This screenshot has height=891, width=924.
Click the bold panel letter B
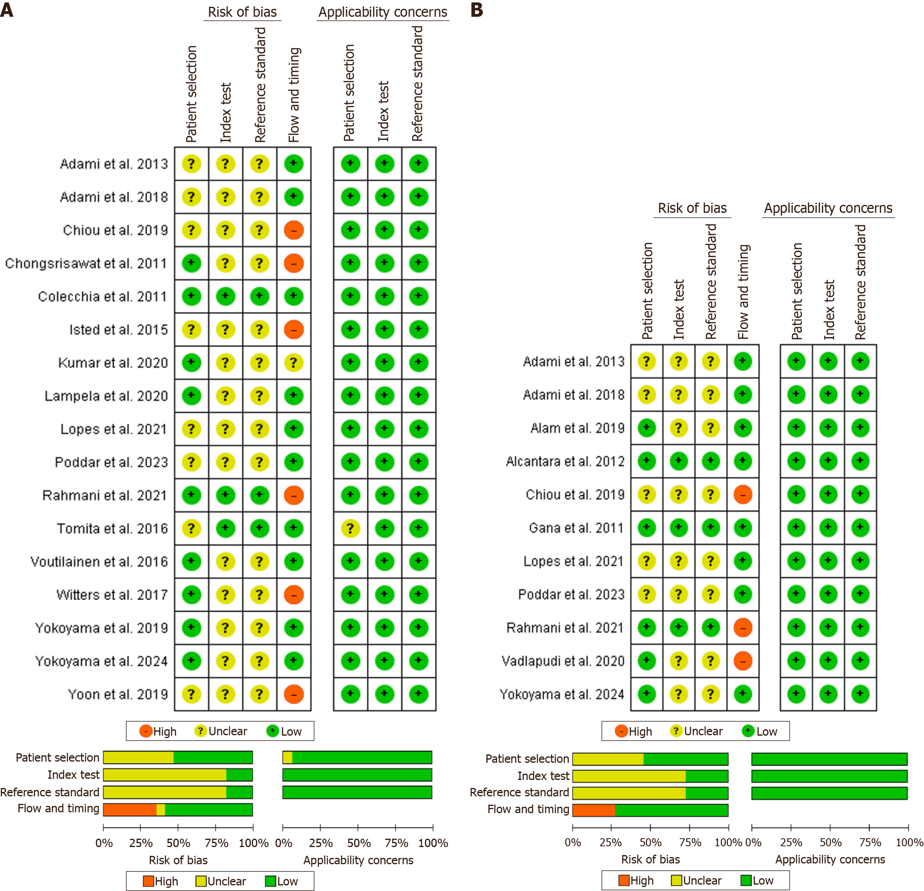click(x=477, y=10)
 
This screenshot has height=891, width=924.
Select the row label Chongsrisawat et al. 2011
click(x=86, y=263)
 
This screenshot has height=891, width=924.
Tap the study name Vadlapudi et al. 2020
click(x=563, y=661)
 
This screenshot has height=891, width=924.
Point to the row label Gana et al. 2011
click(x=576, y=528)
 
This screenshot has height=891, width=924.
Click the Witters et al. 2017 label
click(x=112, y=595)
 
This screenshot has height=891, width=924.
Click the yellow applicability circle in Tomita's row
click(x=350, y=528)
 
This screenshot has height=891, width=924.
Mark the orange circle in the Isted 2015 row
click(x=294, y=329)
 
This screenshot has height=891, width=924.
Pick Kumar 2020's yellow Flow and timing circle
click(x=294, y=363)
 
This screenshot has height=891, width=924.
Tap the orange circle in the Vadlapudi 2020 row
click(x=743, y=661)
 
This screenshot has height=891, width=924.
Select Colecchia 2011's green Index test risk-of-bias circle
click(x=225, y=296)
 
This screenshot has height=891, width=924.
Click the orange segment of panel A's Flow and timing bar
click(x=130, y=810)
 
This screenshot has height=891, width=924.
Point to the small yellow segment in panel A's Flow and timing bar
click(x=161, y=810)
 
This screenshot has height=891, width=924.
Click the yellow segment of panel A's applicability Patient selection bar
click(x=288, y=758)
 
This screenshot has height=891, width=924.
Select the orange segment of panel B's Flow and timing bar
click(x=594, y=810)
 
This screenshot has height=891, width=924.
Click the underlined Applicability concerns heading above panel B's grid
click(x=828, y=208)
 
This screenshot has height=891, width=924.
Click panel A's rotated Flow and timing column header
click(x=294, y=94)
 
